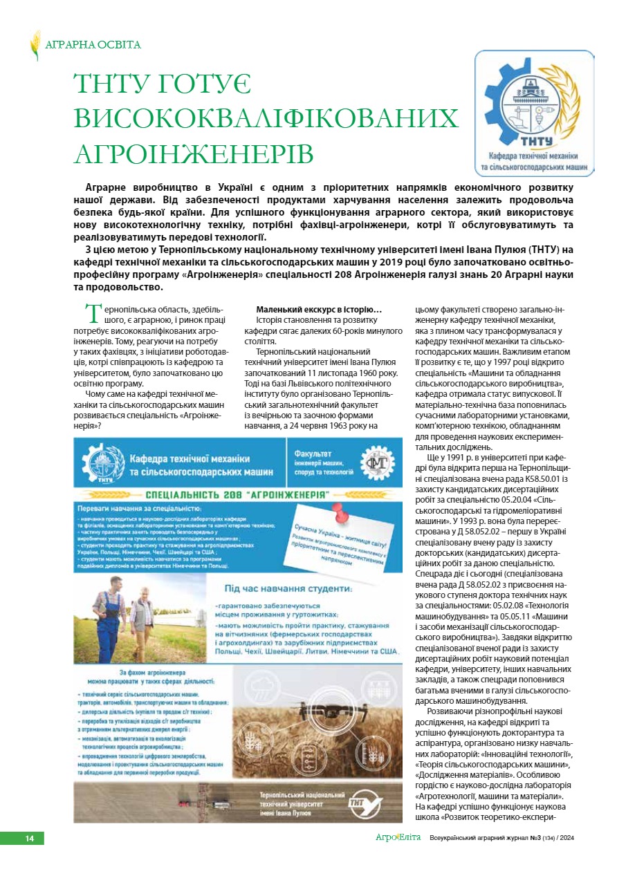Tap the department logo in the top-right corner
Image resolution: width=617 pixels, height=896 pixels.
point(533,112)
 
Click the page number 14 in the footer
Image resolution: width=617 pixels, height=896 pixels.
point(30,839)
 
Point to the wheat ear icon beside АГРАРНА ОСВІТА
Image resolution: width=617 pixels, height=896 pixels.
point(35,45)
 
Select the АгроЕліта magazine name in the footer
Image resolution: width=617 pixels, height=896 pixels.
point(397,839)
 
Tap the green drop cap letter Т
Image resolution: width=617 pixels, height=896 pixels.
point(93,313)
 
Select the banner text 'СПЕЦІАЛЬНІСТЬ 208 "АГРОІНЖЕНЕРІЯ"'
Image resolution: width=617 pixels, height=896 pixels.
point(237,495)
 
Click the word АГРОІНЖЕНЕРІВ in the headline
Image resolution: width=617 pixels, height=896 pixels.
point(194,153)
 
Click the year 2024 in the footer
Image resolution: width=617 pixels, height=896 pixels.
point(565,839)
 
